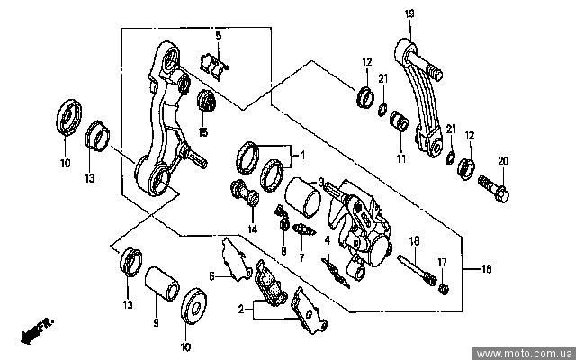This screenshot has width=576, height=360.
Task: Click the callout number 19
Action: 408,13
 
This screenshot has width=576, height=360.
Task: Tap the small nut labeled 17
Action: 442,287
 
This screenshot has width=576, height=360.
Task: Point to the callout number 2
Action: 240,309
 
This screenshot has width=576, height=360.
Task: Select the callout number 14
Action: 253,229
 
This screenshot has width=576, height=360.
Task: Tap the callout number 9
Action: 155,321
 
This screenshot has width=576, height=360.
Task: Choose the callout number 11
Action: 401,158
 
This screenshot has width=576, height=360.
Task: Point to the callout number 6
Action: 211,276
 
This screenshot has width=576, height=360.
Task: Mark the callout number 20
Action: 503,161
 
